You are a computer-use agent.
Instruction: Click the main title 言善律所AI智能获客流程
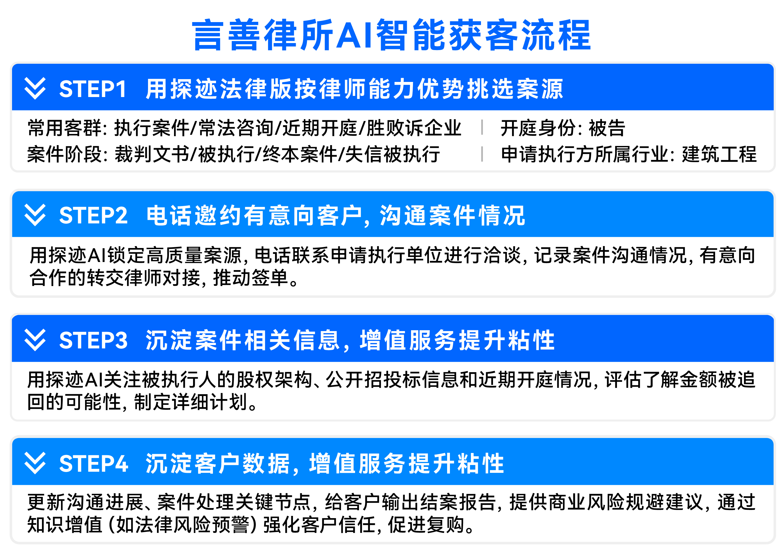391,35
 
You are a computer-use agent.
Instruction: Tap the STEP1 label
93,89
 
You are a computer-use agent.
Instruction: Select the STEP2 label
93,215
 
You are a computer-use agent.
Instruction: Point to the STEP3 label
93,340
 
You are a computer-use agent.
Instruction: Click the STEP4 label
94,463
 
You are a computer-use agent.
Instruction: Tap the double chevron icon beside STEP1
35,88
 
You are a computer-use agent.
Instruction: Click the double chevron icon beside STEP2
35,215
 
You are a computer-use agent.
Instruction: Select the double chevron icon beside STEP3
35,340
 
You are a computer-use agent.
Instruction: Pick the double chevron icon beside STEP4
35,463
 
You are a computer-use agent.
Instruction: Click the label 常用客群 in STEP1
65,128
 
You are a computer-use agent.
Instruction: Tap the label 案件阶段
65,154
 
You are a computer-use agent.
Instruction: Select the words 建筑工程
719,154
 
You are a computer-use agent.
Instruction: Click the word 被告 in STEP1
607,128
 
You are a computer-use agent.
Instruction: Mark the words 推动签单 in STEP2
250,277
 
